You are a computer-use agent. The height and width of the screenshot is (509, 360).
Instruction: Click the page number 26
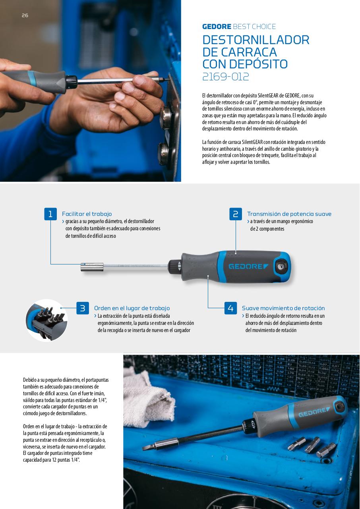(25, 16)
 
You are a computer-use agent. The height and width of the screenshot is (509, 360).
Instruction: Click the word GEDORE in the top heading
(217, 27)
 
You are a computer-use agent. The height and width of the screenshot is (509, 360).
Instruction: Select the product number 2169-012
(226, 76)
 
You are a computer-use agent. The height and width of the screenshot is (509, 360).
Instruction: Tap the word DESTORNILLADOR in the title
(255, 40)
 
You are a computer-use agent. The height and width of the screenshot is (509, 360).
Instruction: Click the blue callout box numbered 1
(50, 214)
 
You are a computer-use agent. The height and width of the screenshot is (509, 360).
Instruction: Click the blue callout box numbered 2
(236, 214)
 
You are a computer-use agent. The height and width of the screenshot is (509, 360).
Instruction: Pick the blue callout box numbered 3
(83, 308)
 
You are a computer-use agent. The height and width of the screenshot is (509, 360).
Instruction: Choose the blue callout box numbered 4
(230, 308)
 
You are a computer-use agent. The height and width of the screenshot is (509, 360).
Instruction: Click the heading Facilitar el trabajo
(87, 214)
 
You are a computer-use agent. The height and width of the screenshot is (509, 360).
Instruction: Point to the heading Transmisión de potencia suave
(289, 214)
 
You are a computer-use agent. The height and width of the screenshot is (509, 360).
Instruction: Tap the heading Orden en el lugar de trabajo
(132, 308)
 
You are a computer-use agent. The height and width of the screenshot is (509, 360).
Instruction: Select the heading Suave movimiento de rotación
(283, 308)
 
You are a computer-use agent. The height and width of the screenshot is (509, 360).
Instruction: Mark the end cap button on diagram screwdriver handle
(283, 266)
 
